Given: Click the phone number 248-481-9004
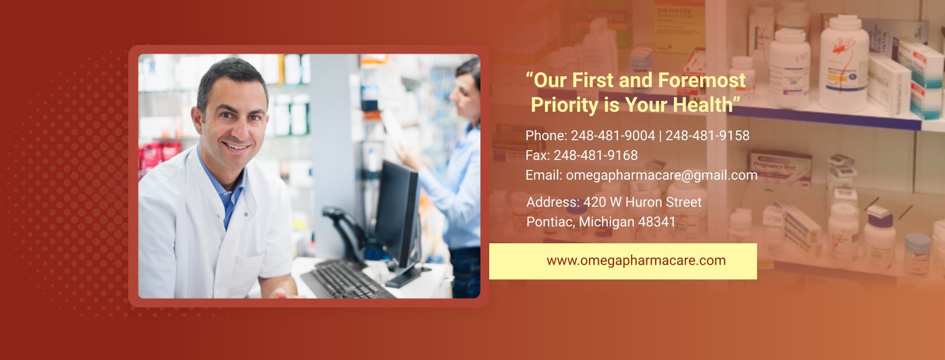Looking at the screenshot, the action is (x=613, y=135).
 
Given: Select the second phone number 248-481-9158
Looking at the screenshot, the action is (x=707, y=135).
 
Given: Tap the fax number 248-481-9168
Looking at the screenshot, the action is (x=595, y=155).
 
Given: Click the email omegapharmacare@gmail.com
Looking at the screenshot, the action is (x=662, y=175).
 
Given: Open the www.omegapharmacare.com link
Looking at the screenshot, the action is (x=636, y=260).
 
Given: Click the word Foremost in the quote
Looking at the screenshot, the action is (x=702, y=80).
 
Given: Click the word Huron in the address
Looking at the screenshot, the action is (x=643, y=202).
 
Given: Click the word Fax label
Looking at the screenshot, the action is (x=537, y=155).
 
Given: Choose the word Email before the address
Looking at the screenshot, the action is (x=544, y=175).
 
